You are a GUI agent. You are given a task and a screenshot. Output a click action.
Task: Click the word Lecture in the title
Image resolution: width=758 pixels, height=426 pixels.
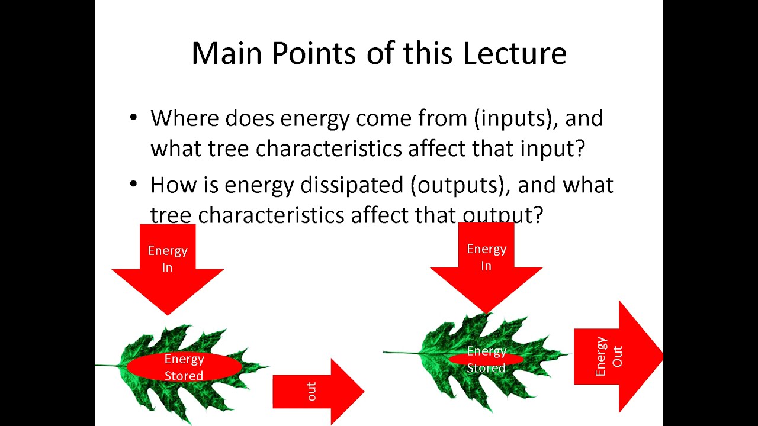515,53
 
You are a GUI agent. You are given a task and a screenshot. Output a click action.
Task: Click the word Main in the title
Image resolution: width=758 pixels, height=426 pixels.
228,53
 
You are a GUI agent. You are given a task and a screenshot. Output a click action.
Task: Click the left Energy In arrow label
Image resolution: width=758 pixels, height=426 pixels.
168,259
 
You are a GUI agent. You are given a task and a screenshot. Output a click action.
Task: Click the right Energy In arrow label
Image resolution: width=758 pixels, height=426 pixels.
486,257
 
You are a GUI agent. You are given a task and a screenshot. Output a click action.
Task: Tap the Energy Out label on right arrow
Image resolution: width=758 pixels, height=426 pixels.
609,357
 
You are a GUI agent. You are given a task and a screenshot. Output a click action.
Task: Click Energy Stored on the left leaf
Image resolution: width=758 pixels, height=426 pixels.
184,367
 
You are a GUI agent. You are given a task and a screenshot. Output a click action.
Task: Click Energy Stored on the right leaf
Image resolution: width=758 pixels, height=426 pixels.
486,359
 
